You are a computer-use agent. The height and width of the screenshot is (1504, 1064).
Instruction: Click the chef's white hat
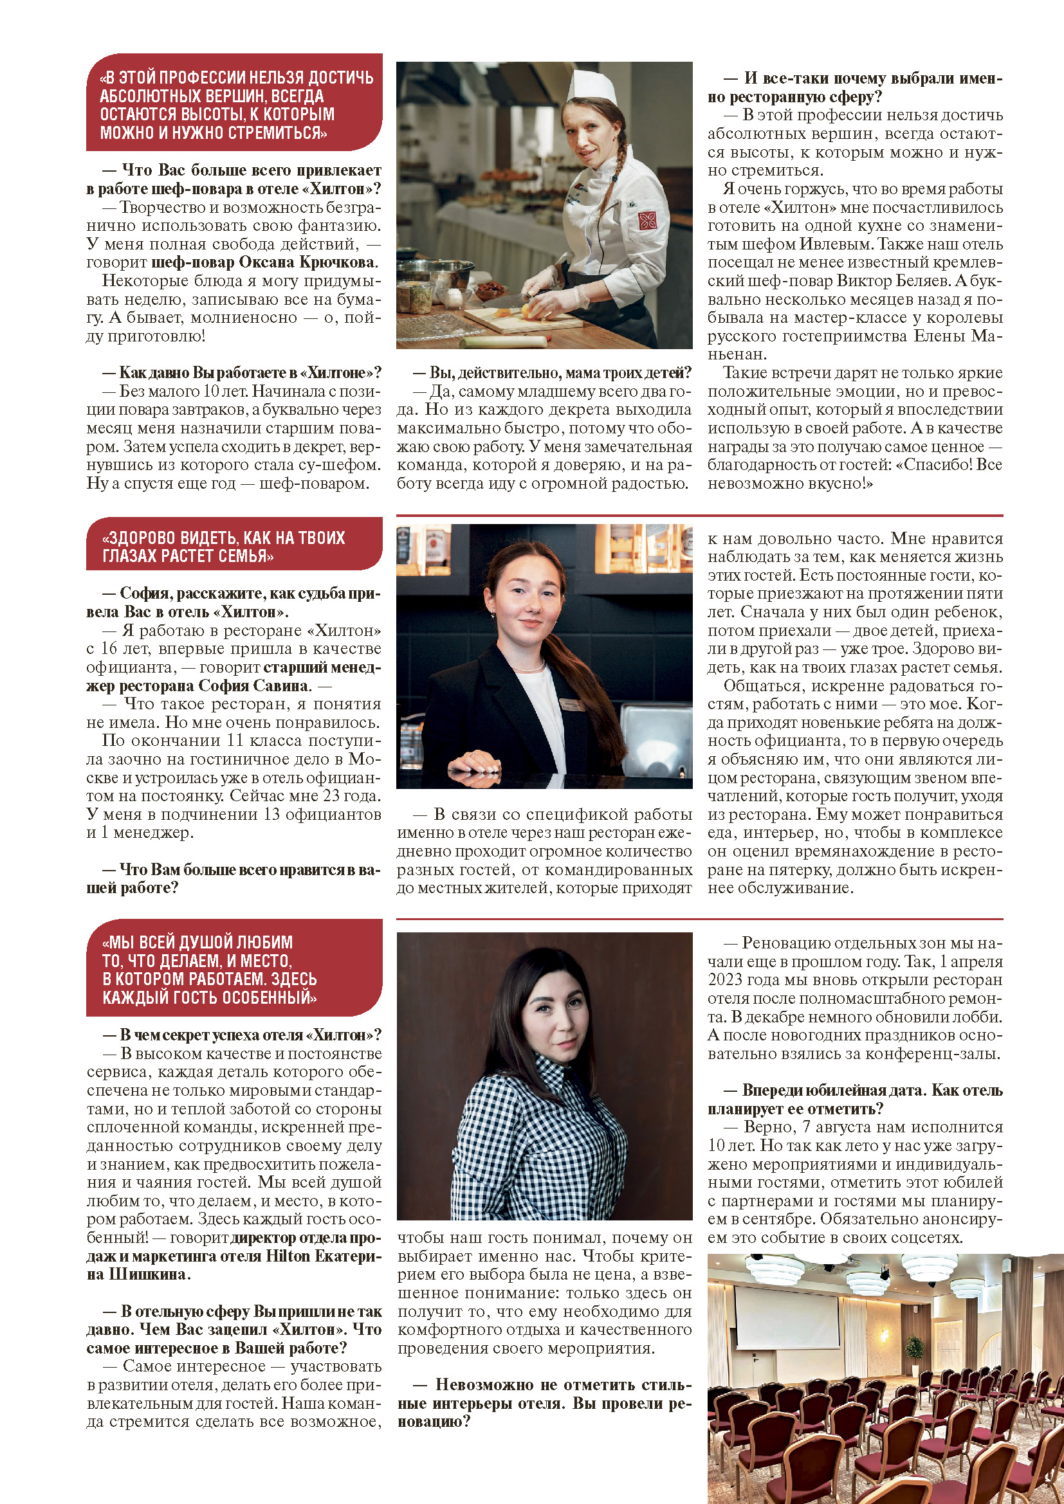pyautogui.click(x=592, y=86)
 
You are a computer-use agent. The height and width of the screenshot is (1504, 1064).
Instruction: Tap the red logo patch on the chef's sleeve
pyautogui.click(x=648, y=220)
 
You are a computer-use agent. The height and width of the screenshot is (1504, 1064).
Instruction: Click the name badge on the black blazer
pyautogui.click(x=569, y=704)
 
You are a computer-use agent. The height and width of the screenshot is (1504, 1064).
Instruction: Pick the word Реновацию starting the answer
pyautogui.click(x=779, y=943)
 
